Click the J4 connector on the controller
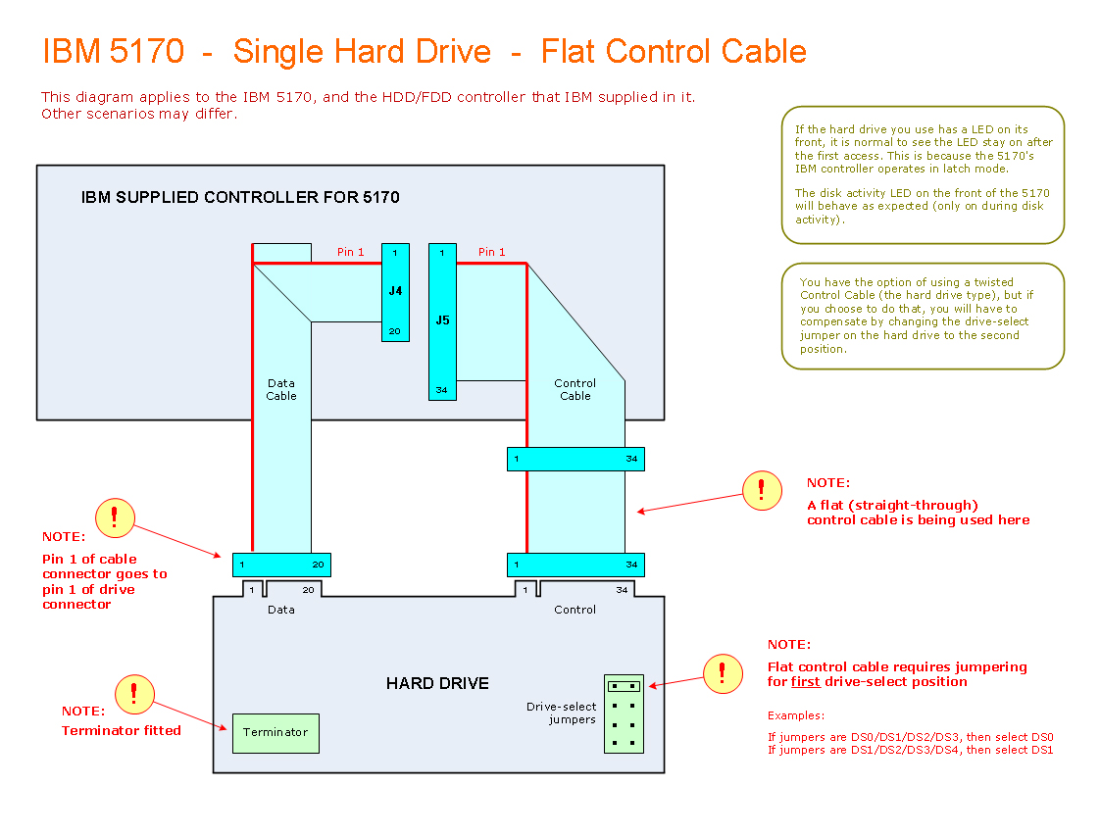[x=395, y=292]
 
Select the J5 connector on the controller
[x=442, y=321]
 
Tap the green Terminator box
[x=275, y=733]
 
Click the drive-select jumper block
[x=624, y=713]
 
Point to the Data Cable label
[x=281, y=389]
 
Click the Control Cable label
[x=575, y=389]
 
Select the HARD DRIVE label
[x=437, y=683]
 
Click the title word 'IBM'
[x=72, y=51]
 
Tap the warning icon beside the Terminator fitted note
[x=134, y=694]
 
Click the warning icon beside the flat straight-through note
[x=762, y=490]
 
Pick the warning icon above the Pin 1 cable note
[x=115, y=516]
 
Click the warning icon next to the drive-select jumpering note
[x=723, y=673]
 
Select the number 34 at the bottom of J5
[x=442, y=390]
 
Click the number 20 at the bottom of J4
[x=394, y=331]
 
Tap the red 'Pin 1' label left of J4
[x=350, y=252]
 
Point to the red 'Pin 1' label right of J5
[x=492, y=252]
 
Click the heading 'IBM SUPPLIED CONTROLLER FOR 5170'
[x=240, y=197]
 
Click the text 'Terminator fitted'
[x=122, y=730]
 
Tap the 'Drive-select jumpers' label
[x=561, y=713]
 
